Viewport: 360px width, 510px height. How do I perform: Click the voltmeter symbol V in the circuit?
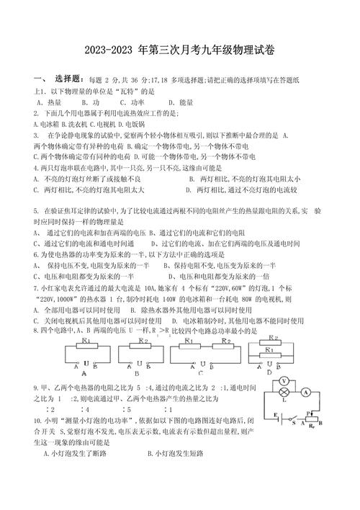284,381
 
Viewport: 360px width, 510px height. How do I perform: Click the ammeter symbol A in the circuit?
306,393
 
